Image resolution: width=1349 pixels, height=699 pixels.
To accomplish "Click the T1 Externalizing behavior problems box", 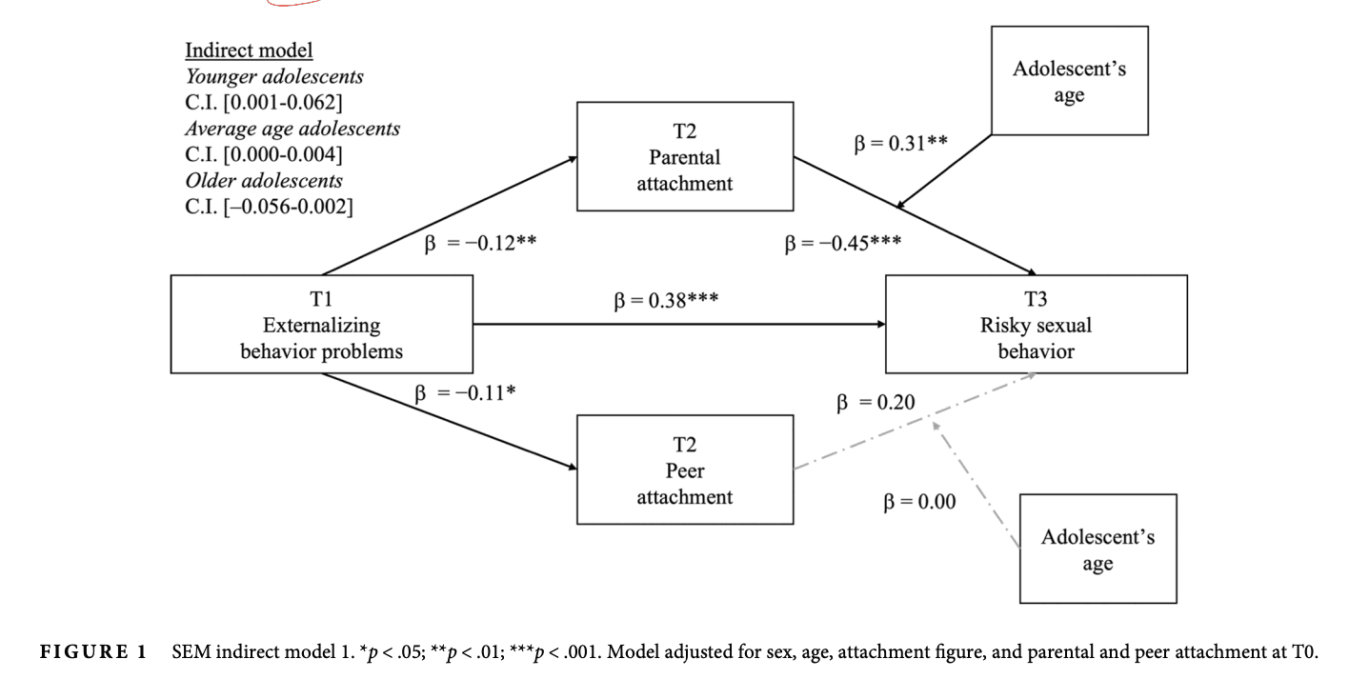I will pos(321,325).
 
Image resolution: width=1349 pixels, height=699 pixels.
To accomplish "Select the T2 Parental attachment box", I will pos(684,156).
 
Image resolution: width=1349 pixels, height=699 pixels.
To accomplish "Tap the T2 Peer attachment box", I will pos(684,469).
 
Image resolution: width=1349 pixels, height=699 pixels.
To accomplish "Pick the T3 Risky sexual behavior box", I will pos(1036,325).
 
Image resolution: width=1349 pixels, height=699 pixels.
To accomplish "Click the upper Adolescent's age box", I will pos(1069,81).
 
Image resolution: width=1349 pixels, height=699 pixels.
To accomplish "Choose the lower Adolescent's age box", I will pos(1097,549).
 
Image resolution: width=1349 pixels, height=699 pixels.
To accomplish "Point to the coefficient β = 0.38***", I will pos(666,301).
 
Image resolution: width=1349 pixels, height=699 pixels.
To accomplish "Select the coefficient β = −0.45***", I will pos(843,244).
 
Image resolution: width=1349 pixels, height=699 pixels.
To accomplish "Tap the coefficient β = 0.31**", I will pos(900,146).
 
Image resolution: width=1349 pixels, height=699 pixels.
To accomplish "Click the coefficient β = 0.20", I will pos(876,402).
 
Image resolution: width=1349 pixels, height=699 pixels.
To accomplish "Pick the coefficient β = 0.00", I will pos(919,502).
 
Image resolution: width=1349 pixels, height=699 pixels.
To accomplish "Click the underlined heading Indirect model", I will pos(249,50).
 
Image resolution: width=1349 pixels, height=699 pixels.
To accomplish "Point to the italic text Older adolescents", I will pos(264,180).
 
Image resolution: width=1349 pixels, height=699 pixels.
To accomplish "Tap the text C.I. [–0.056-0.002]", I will pos(269,206).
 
